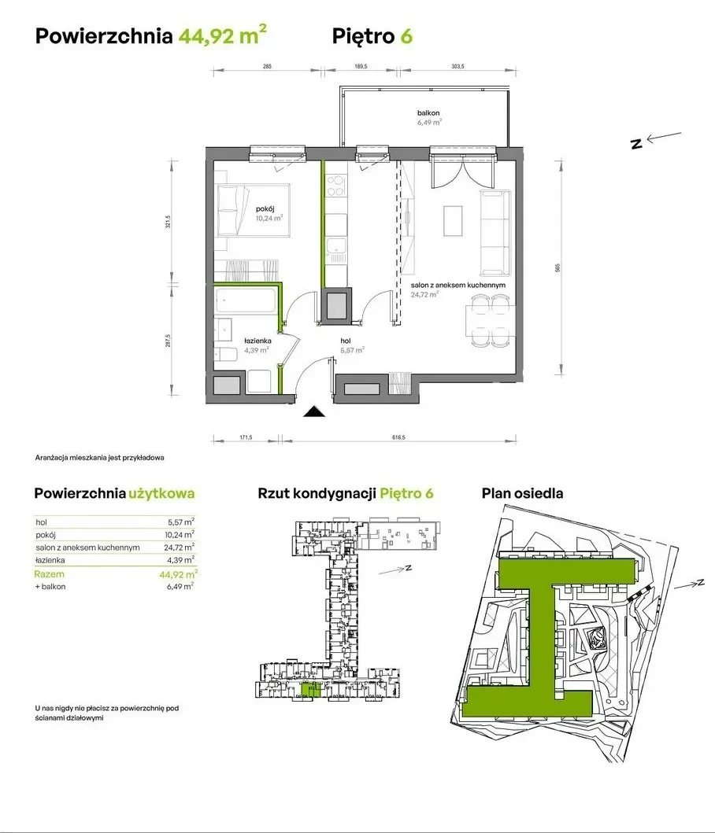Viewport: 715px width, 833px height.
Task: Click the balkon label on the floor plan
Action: click(x=428, y=113)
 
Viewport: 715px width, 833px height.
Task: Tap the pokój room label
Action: click(x=265, y=208)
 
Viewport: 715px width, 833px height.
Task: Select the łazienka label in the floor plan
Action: click(x=257, y=341)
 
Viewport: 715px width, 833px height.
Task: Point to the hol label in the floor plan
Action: click(x=346, y=341)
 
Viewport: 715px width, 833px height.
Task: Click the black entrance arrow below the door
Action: click(x=314, y=411)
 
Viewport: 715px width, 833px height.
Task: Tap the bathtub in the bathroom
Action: click(x=245, y=300)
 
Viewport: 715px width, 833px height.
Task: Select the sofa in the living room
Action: click(x=495, y=233)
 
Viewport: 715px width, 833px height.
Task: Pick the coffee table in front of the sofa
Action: click(x=454, y=220)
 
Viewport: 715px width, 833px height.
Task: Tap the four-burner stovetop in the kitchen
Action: click(x=335, y=186)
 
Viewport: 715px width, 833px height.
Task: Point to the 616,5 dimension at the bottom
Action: click(x=399, y=438)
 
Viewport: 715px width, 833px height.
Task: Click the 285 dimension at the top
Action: click(x=267, y=66)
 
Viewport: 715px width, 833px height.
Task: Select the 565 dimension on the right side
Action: click(x=558, y=268)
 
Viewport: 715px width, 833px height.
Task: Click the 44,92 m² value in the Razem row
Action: click(x=178, y=574)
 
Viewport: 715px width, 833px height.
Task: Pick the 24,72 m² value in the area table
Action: click(x=180, y=547)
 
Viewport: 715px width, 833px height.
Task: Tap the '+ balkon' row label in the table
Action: click(x=50, y=587)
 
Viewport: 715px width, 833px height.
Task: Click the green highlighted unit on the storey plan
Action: click(x=311, y=690)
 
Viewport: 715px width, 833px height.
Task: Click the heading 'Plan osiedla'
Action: click(x=522, y=493)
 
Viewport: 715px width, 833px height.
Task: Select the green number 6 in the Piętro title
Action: click(x=406, y=36)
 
